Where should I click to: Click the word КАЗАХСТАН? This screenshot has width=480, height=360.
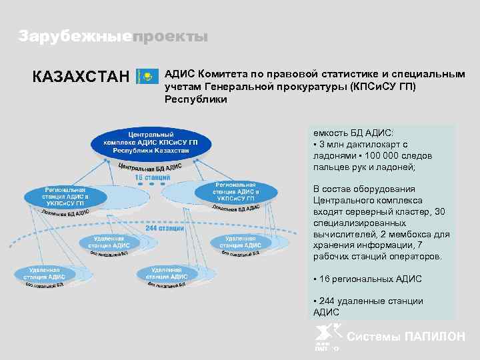coord(81,77)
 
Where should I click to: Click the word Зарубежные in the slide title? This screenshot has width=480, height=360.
coord(73,37)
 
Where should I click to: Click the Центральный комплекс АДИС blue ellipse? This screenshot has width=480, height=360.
coord(151,142)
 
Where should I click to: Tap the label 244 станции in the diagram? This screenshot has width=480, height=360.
coord(165,228)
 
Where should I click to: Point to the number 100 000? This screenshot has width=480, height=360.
coord(383,155)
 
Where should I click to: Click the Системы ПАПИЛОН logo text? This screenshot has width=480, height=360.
coord(407,337)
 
